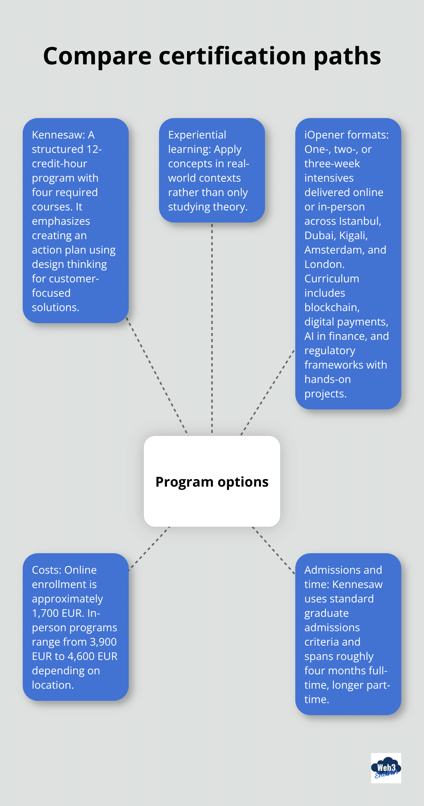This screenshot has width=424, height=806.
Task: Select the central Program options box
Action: pyautogui.click(x=212, y=481)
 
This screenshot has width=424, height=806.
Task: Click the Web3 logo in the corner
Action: pyautogui.click(x=386, y=768)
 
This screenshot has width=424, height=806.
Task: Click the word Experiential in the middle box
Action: pyautogui.click(x=197, y=135)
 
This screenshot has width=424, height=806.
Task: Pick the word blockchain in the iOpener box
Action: pyautogui.click(x=331, y=308)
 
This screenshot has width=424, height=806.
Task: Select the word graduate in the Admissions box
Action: pyautogui.click(x=326, y=613)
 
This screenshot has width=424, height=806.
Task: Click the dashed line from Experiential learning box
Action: pyautogui.click(x=212, y=329)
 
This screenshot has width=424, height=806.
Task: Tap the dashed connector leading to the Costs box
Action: pyautogui.click(x=150, y=548)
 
